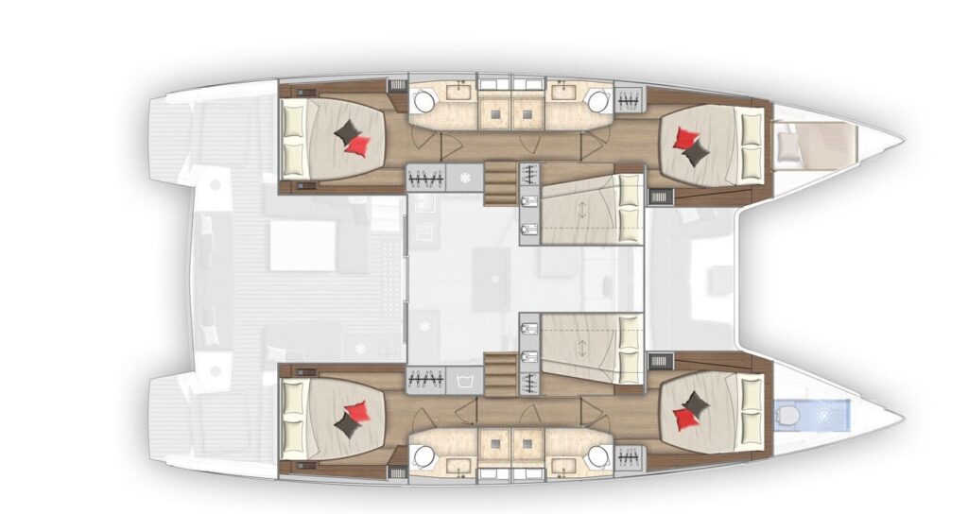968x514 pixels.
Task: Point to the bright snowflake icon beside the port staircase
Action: click(x=464, y=177)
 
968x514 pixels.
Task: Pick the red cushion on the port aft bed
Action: click(x=358, y=145)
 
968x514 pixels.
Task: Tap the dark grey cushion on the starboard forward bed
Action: click(x=697, y=405)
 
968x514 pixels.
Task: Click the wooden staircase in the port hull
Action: click(x=500, y=182)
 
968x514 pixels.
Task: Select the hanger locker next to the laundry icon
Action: click(x=425, y=382)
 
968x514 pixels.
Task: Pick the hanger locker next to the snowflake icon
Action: click(x=425, y=177)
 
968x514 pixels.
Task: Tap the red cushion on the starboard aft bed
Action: click(x=357, y=411)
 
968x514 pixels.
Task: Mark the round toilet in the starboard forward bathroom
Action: click(x=596, y=455)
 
